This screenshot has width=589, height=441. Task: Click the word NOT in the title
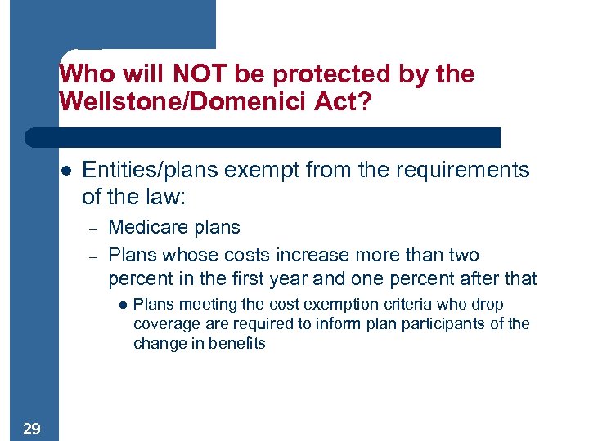196,74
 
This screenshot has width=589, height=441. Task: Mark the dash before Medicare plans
94,229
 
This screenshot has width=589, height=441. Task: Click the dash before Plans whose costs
94,256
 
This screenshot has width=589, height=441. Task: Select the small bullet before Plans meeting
122,305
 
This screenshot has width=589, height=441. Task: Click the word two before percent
462,255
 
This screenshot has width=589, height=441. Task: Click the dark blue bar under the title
262,137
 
